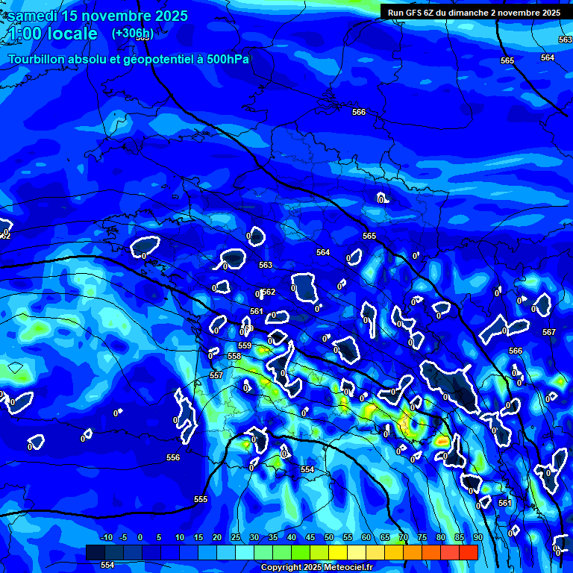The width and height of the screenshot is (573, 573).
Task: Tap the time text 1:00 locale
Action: [x=53, y=34]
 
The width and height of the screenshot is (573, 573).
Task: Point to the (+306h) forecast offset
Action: [x=132, y=34]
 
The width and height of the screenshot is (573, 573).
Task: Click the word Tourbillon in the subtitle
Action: [x=38, y=60]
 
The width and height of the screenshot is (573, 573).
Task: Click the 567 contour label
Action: [x=549, y=332]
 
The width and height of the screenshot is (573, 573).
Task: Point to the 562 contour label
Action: [x=269, y=292]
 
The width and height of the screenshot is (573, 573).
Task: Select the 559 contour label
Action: [x=245, y=345]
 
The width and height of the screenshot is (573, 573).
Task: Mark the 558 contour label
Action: [x=234, y=356]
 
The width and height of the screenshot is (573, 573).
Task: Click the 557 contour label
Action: [x=216, y=375]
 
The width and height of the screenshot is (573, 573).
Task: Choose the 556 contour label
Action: [x=173, y=457]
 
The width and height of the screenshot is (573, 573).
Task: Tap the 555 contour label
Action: [x=201, y=499]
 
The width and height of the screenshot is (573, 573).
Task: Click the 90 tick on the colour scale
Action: [x=477, y=538]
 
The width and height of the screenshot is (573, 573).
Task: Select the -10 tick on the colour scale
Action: [x=106, y=538]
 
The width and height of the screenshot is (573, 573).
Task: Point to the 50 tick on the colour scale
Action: [x=328, y=538]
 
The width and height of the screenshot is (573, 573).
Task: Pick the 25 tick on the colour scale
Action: [x=236, y=538]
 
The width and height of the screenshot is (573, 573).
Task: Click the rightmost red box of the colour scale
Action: [x=468, y=552]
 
